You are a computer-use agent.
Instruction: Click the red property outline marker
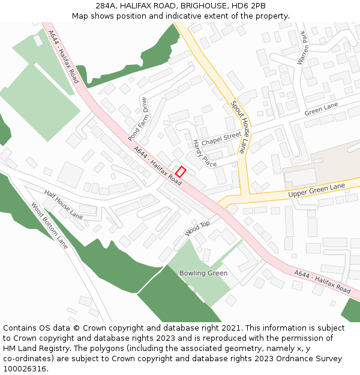click(181, 171)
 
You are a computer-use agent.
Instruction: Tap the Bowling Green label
click(203, 273)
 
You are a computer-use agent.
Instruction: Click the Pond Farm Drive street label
click(137, 119)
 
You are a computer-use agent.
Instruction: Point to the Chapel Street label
click(221, 139)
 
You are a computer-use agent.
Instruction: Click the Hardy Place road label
click(205, 154)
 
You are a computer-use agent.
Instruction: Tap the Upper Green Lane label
click(316, 191)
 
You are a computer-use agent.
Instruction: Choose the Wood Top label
click(197, 227)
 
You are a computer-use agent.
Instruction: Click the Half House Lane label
click(64, 204)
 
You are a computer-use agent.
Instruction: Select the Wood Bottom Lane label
click(50, 226)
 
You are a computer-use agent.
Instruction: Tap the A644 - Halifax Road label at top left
click(64, 57)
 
